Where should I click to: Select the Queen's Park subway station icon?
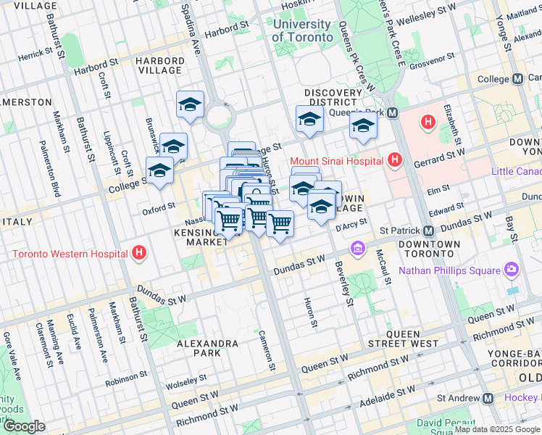pyautogui.click(x=392, y=113)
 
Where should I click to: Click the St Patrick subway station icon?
pyautogui.click(x=428, y=231)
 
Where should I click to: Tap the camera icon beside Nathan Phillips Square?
pyautogui.click(x=512, y=270)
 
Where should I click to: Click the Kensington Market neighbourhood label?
pyautogui.click(x=198, y=236)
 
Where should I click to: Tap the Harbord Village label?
pyautogui.click(x=159, y=65)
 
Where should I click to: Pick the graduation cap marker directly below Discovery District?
pyautogui.click(x=309, y=120)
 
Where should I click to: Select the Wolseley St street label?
pyautogui.click(x=186, y=381)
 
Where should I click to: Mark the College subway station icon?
pyautogui.click(x=517, y=79)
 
